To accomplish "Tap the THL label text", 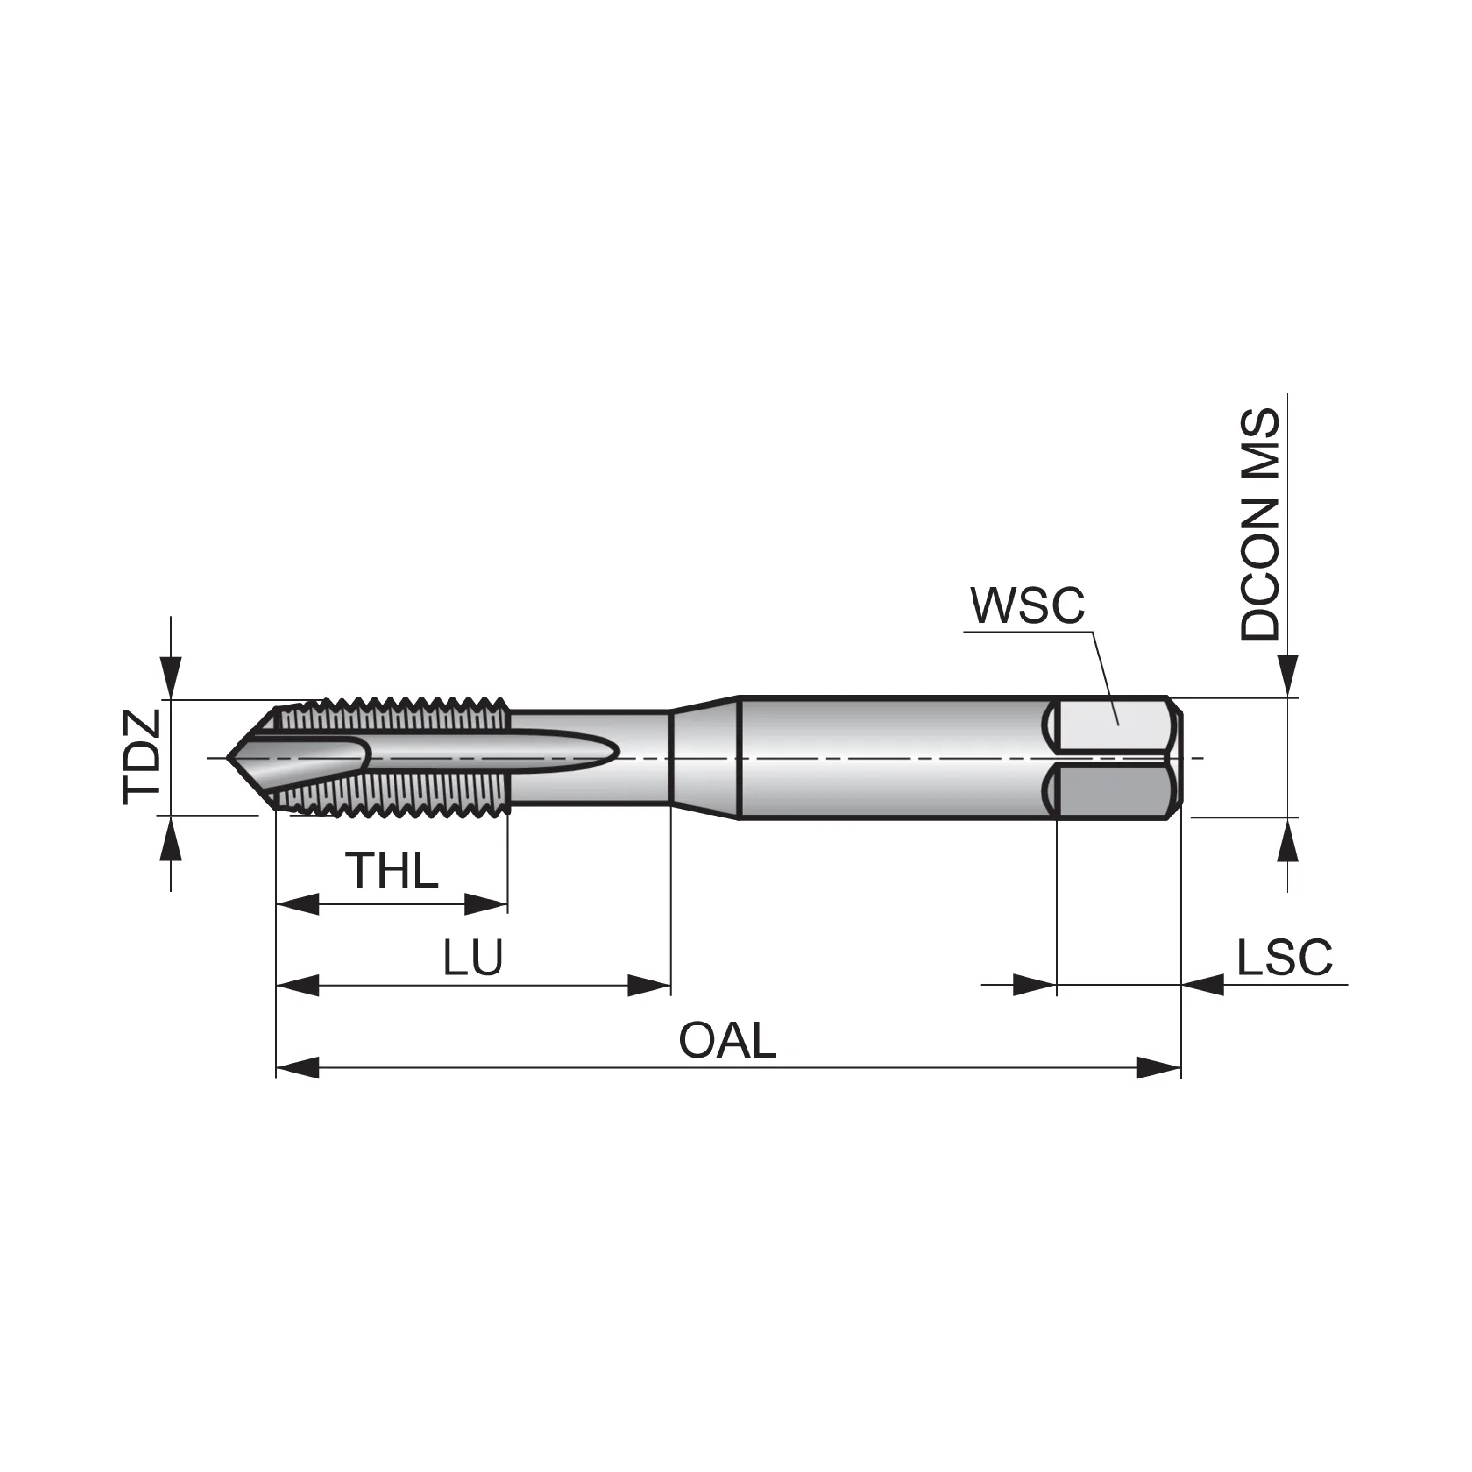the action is click(x=391, y=870).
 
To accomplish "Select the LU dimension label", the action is click(x=472, y=957).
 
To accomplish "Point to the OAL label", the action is click(x=727, y=1040).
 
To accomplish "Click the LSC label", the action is click(x=1285, y=957).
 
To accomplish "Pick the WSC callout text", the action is click(x=1027, y=605).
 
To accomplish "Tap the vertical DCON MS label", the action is click(x=1261, y=525).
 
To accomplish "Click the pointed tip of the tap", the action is click(x=228, y=758).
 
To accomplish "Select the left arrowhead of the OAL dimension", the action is click(x=297, y=1068).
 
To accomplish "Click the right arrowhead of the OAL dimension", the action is click(x=1158, y=1068).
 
